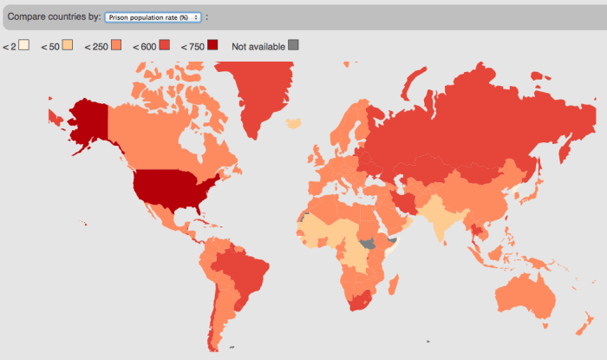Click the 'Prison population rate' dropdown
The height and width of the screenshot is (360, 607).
[x=152, y=16]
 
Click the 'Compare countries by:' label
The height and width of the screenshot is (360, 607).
[x=53, y=16]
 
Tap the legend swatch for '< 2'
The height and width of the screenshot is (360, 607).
[x=25, y=45]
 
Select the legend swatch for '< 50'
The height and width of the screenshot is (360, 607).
[x=68, y=45]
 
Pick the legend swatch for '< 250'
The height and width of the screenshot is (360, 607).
[x=116, y=45]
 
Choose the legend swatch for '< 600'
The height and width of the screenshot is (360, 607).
[x=165, y=45]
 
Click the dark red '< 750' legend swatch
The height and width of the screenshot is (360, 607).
[x=213, y=45]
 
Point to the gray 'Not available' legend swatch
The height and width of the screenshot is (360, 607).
[x=295, y=45]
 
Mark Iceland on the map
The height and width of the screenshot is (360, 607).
[x=294, y=124]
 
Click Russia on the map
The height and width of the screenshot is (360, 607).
[x=468, y=121]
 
